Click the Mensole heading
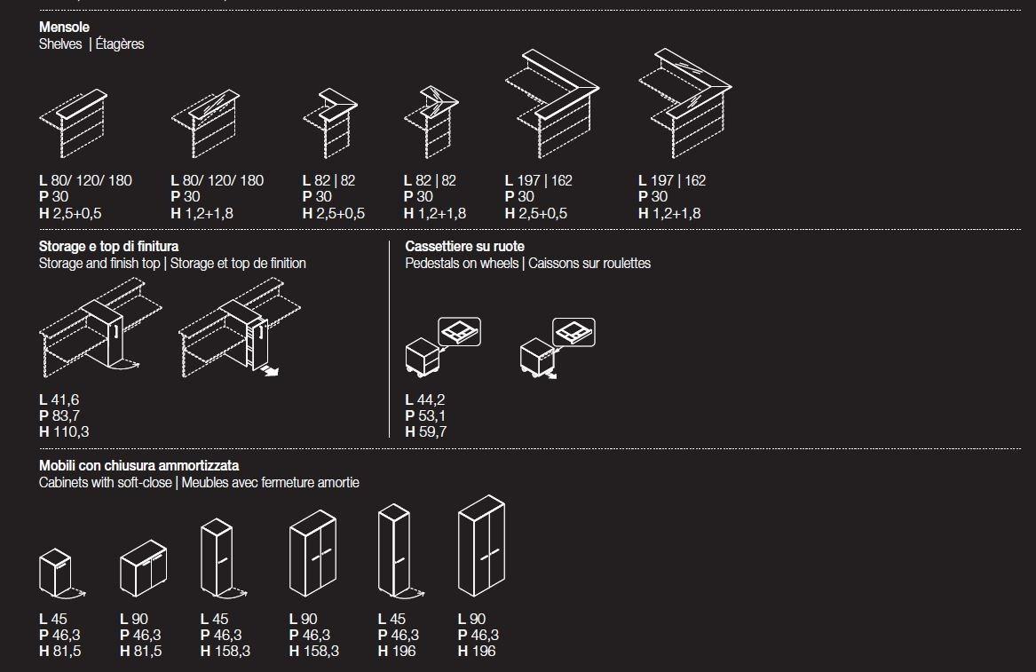pos(64,28)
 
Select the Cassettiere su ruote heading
pos(464,247)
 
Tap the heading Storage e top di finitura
pos(108,247)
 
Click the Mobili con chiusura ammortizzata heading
pos(138,466)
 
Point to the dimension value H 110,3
pos(64,431)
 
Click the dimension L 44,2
pos(425,399)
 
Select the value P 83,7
pos(59,415)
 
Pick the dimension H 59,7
pos(426,431)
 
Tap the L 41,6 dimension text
pos(59,399)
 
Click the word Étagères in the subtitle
pos(120,44)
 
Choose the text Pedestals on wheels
pos(462,263)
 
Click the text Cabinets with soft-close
pos(106,482)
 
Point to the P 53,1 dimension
pos(425,415)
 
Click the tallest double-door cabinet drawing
pos(481,546)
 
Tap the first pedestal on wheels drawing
pos(442,347)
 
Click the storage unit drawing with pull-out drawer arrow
pos(239,328)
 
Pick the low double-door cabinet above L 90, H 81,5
pos(144,568)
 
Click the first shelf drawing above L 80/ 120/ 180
pos(74,123)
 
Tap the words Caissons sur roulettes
pos(589,263)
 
